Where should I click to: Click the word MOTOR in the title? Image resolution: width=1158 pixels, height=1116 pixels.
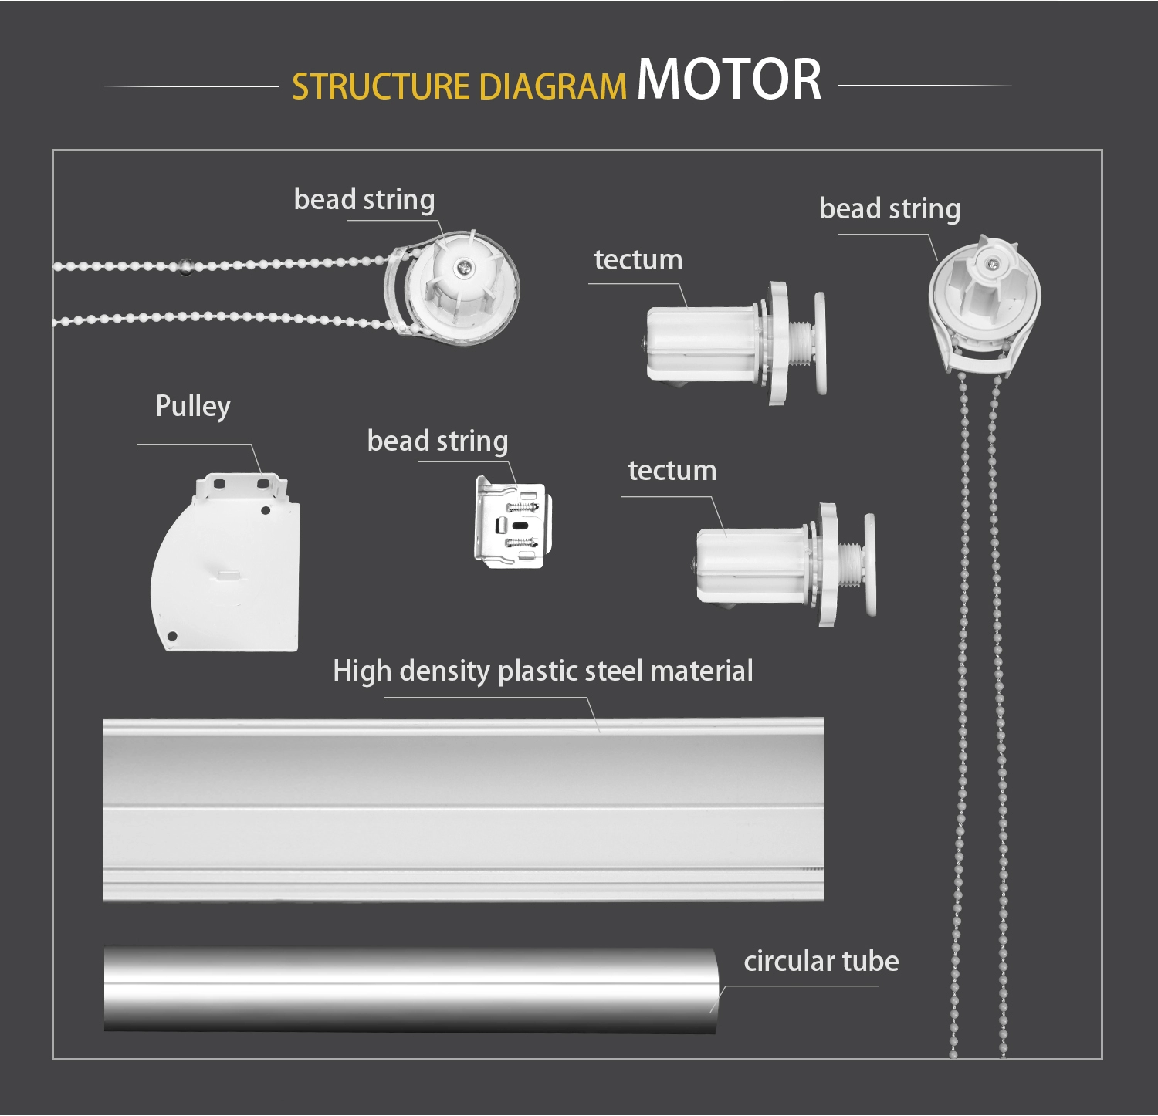click(x=729, y=79)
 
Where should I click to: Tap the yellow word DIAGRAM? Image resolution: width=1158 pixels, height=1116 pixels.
click(x=552, y=87)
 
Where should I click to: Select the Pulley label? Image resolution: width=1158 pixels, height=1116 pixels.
click(x=193, y=406)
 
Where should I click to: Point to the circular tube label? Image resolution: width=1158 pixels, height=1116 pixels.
click(x=821, y=962)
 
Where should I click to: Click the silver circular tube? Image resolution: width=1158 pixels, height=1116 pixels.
click(x=409, y=989)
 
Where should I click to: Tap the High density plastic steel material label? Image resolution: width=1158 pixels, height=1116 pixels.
click(x=543, y=671)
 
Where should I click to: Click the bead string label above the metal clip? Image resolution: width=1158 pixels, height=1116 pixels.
click(x=437, y=441)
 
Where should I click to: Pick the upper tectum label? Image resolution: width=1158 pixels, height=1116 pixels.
click(x=638, y=260)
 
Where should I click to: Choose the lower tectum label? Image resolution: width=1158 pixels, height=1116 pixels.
click(x=672, y=471)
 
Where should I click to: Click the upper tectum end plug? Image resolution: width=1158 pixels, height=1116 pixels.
click(x=733, y=343)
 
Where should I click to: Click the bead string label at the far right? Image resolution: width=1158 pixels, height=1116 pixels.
click(x=889, y=209)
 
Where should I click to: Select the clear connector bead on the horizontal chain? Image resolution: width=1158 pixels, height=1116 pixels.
click(x=185, y=265)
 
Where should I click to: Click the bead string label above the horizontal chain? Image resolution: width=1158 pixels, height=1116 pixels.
click(x=364, y=200)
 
